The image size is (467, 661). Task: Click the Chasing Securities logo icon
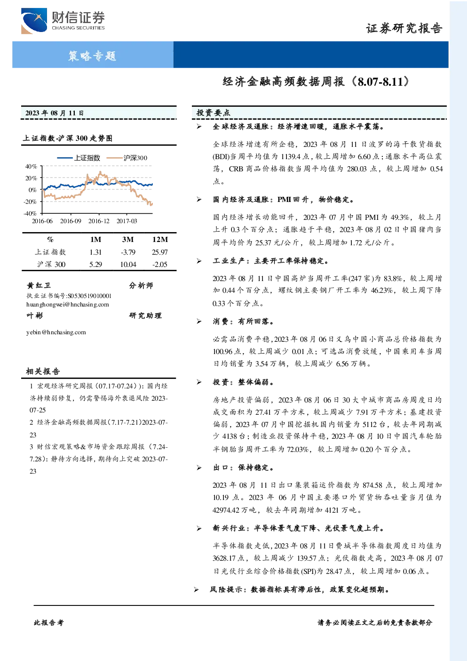[34, 21]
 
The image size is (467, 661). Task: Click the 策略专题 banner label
[92, 56]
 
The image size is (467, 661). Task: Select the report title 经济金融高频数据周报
[284, 81]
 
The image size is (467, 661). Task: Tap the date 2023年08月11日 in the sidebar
[55, 113]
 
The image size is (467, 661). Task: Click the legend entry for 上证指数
[79, 158]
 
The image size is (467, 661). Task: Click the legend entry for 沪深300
[127, 158]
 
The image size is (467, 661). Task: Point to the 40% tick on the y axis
[31, 167]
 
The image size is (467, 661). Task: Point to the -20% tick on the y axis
[31, 202]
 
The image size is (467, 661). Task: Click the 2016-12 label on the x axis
[99, 221]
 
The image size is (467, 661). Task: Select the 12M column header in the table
[160, 239]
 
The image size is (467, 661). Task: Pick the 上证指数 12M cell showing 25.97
[160, 252]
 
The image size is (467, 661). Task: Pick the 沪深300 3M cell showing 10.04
[128, 265]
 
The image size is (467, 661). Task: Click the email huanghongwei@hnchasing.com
[68, 305]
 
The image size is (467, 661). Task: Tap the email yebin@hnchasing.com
[56, 332]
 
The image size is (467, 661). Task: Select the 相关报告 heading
[43, 371]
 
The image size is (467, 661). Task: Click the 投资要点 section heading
[213, 113]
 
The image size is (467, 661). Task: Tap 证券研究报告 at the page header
[404, 28]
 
